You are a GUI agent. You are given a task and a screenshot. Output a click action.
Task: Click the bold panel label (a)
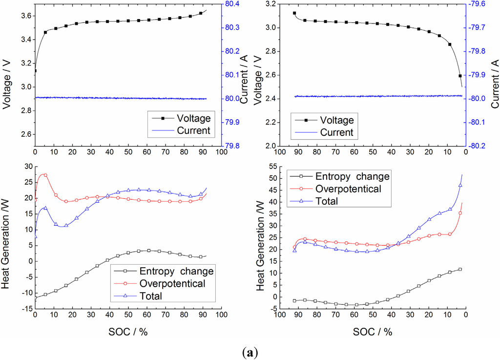tap(250, 351)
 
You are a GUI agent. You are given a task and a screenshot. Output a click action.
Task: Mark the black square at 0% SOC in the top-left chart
tap(35, 71)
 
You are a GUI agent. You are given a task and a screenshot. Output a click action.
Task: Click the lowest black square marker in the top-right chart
tap(460, 76)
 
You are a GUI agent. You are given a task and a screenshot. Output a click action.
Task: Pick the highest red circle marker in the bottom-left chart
tap(45, 175)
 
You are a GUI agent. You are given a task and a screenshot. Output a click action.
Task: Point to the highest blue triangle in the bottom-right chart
tap(460, 185)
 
